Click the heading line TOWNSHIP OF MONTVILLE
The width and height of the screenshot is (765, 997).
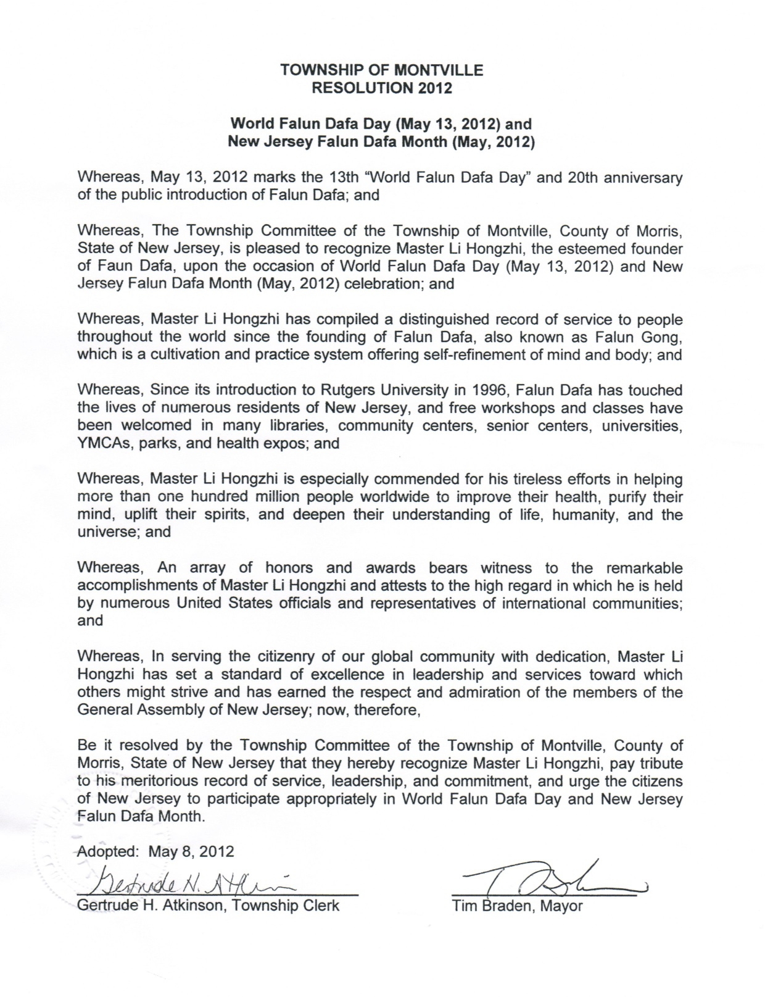click(382, 70)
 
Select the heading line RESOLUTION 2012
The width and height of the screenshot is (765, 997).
click(382, 88)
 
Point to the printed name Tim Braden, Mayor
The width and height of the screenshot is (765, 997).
click(517, 906)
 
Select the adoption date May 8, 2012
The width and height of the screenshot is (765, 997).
click(191, 851)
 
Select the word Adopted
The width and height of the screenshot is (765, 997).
click(109, 851)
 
